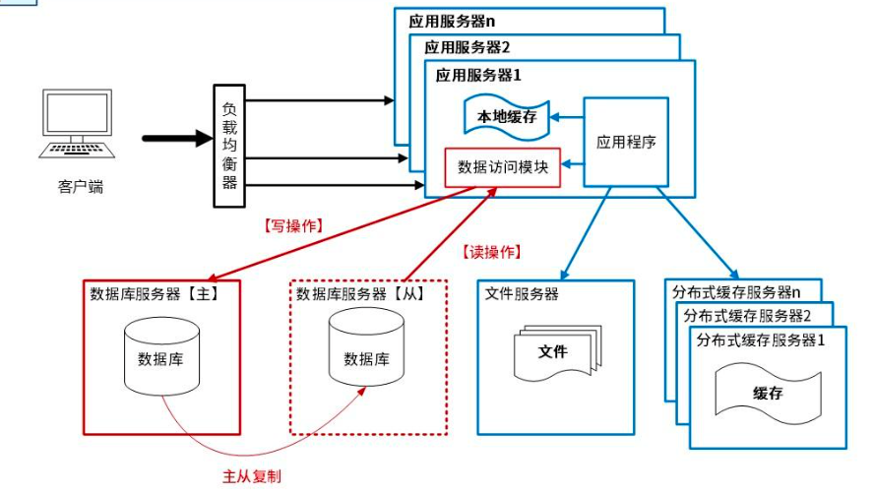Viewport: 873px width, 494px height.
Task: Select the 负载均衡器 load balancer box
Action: pyautogui.click(x=229, y=146)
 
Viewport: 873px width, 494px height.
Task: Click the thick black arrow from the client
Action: pyautogui.click(x=177, y=139)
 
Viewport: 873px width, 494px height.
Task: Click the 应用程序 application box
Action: pyautogui.click(x=626, y=142)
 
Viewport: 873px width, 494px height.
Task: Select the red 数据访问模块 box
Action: pyautogui.click(x=503, y=167)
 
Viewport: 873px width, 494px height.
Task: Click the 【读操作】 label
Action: pyautogui.click(x=489, y=252)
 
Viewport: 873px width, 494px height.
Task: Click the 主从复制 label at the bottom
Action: pyautogui.click(x=252, y=476)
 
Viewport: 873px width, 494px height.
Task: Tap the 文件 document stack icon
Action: pyautogui.click(x=554, y=352)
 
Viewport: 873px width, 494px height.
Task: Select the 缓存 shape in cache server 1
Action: pyautogui.click(x=768, y=392)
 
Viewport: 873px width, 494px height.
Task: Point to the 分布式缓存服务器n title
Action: pyautogui.click(x=736, y=291)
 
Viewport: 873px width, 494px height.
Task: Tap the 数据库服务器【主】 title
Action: pyautogui.click(x=154, y=293)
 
